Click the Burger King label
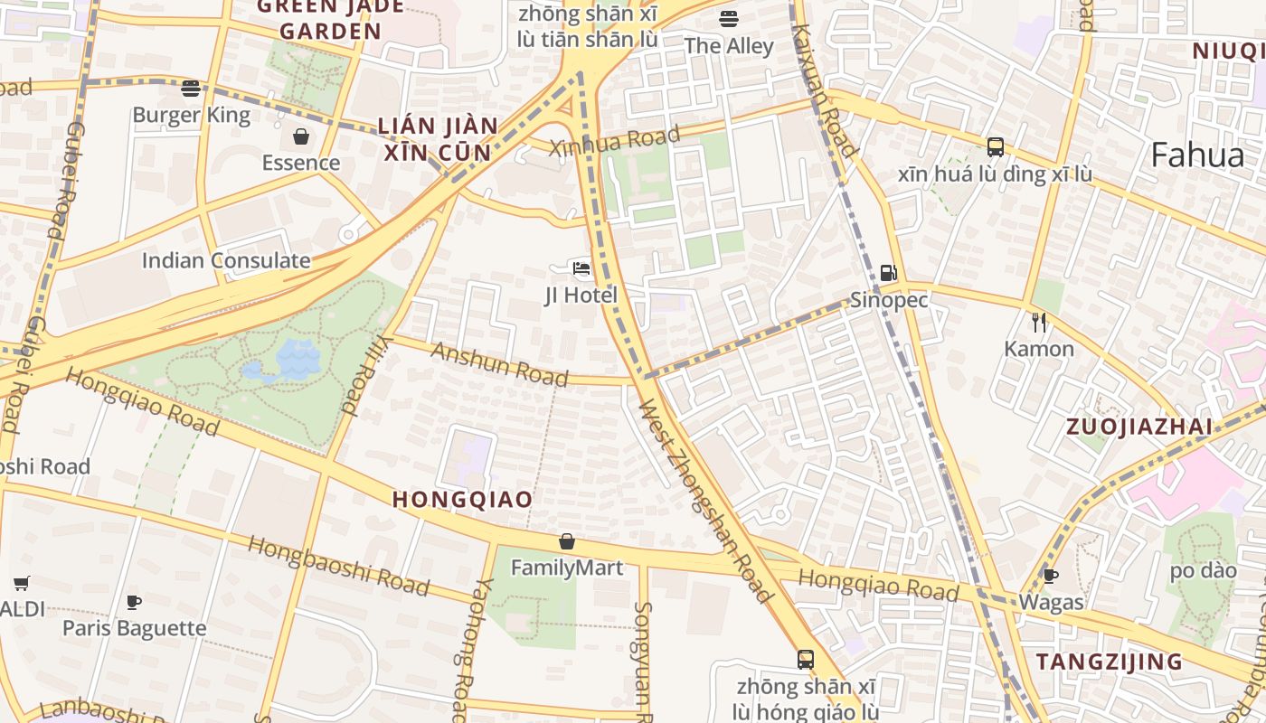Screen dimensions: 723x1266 point(191,116)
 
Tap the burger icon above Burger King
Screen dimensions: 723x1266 point(190,89)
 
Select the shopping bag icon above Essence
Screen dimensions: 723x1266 point(301,137)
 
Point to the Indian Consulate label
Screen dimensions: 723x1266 point(225,261)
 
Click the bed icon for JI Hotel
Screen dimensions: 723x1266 point(581,268)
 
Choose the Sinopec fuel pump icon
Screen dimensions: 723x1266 point(888,273)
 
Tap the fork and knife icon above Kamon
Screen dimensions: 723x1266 point(1039,323)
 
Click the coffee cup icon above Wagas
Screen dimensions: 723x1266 point(1050,576)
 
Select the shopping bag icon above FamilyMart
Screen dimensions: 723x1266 point(567,541)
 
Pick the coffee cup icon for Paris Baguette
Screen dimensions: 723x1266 point(134,602)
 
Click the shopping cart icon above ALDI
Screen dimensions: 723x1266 point(21,583)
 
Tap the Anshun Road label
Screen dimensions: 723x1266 point(499,364)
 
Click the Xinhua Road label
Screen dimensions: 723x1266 point(614,141)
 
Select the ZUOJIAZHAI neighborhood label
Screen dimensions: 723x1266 point(1138,427)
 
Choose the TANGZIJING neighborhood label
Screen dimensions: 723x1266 point(1109,662)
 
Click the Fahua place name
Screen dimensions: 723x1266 point(1197,155)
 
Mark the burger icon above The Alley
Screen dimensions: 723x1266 point(729,19)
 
